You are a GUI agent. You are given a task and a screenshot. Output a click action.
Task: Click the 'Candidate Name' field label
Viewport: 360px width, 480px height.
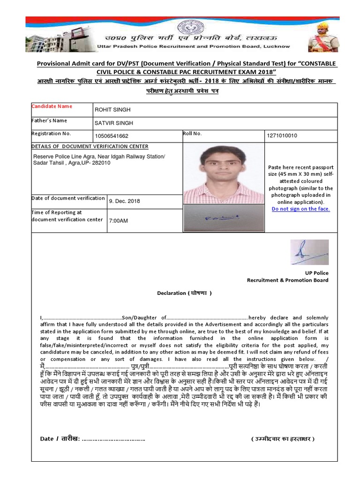pyautogui.click(x=52, y=106)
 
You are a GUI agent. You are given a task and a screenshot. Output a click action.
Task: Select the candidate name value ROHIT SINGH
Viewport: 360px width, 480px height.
pyautogui.click(x=112, y=110)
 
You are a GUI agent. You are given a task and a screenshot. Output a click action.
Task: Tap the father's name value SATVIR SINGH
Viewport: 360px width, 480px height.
pyautogui.click(x=114, y=123)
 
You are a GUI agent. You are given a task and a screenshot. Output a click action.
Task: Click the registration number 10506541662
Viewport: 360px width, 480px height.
pyautogui.click(x=112, y=136)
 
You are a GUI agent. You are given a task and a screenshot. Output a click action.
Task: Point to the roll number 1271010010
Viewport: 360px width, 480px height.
pyautogui.click(x=281, y=136)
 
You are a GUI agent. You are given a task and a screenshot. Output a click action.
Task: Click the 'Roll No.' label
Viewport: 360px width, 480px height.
pyautogui.click(x=192, y=134)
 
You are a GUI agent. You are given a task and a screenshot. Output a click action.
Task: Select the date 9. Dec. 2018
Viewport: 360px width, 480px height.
pyautogui.click(x=124, y=201)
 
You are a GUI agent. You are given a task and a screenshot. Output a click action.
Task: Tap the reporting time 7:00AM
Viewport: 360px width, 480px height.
pyautogui.click(x=118, y=220)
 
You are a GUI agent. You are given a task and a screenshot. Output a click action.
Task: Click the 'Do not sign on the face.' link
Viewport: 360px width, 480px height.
pyautogui.click(x=300, y=209)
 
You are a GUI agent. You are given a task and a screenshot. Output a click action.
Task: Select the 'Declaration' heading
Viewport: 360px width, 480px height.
pyautogui.click(x=184, y=293)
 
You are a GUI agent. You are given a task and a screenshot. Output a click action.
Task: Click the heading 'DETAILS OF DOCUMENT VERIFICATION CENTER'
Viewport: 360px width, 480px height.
pyautogui.click(x=90, y=147)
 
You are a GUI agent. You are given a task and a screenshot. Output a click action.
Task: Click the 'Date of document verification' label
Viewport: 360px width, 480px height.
pyautogui.click(x=68, y=198)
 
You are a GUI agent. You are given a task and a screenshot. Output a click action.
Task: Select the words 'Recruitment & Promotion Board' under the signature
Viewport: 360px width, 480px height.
pyautogui.click(x=288, y=280)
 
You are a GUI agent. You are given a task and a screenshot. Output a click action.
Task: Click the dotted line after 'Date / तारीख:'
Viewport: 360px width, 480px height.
pyautogui.click(x=113, y=439)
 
